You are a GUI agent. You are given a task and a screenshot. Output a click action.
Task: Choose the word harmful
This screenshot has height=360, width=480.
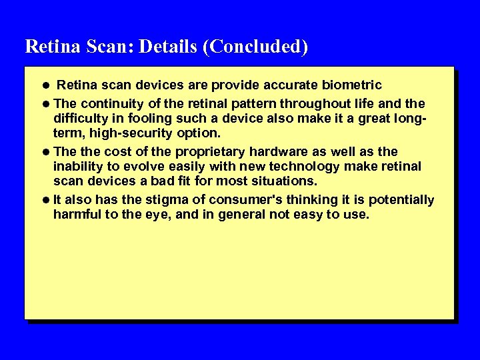pos(77,215)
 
